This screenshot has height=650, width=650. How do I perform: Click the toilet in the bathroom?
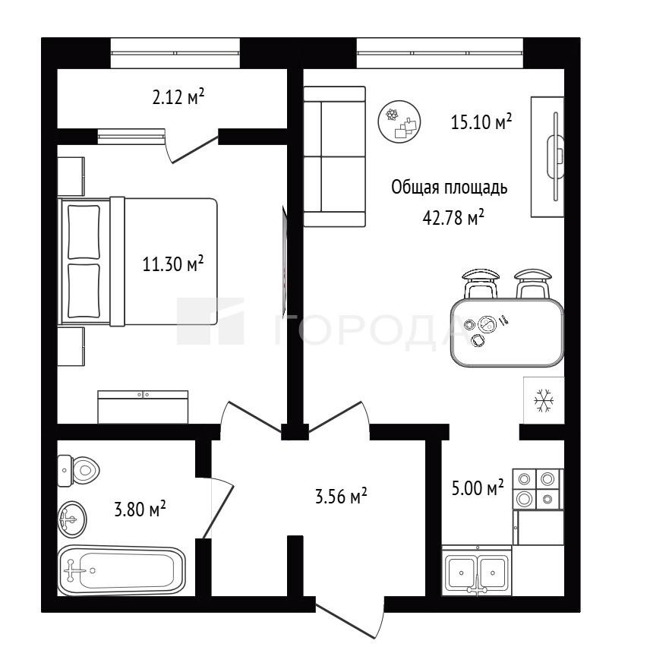pos(79,471)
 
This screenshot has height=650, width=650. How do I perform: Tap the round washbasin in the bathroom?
pos(72,519)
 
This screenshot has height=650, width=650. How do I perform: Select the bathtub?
pos(121,571)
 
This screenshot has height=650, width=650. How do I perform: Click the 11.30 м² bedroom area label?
pos(173,263)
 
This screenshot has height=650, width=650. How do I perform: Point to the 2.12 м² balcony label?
pos(178,97)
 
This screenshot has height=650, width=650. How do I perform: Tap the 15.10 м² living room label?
pos(481,121)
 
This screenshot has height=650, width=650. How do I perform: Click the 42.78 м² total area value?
pos(453,217)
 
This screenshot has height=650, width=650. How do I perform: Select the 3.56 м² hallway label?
pos(341,496)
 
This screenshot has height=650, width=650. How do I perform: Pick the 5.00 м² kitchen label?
pos(478,487)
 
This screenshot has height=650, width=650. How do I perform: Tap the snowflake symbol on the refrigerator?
pos(544,400)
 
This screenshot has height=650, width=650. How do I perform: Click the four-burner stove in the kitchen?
pos(538,489)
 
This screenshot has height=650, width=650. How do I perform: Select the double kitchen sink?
pos(477,571)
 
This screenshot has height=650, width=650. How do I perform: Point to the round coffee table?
pos(399,121)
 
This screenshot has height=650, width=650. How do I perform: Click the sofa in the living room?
pos(335,156)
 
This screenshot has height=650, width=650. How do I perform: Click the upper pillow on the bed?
pos(84,232)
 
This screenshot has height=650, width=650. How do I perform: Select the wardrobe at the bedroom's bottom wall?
pos(143,407)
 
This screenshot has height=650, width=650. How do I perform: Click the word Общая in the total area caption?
pos(415,188)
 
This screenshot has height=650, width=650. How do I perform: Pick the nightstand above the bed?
pos(71,176)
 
